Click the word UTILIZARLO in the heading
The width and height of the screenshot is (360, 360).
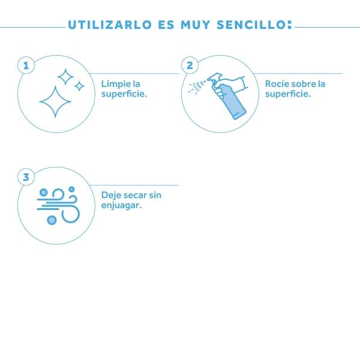click(x=110, y=25)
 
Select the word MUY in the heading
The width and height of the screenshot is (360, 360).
click(x=196, y=25)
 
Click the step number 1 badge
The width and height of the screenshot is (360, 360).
click(x=26, y=65)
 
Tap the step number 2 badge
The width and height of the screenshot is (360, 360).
click(x=190, y=65)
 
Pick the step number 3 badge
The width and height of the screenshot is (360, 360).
click(x=26, y=177)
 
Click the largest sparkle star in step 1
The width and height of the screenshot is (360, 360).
click(x=55, y=102)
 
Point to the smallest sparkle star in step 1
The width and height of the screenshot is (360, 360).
click(x=79, y=86)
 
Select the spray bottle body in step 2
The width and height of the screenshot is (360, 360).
click(x=232, y=101)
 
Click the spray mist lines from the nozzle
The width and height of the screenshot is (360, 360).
click(x=197, y=86)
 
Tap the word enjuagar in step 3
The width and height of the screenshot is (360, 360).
click(x=121, y=205)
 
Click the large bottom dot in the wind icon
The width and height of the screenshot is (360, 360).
click(x=52, y=220)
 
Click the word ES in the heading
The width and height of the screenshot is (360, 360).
click(x=166, y=25)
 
